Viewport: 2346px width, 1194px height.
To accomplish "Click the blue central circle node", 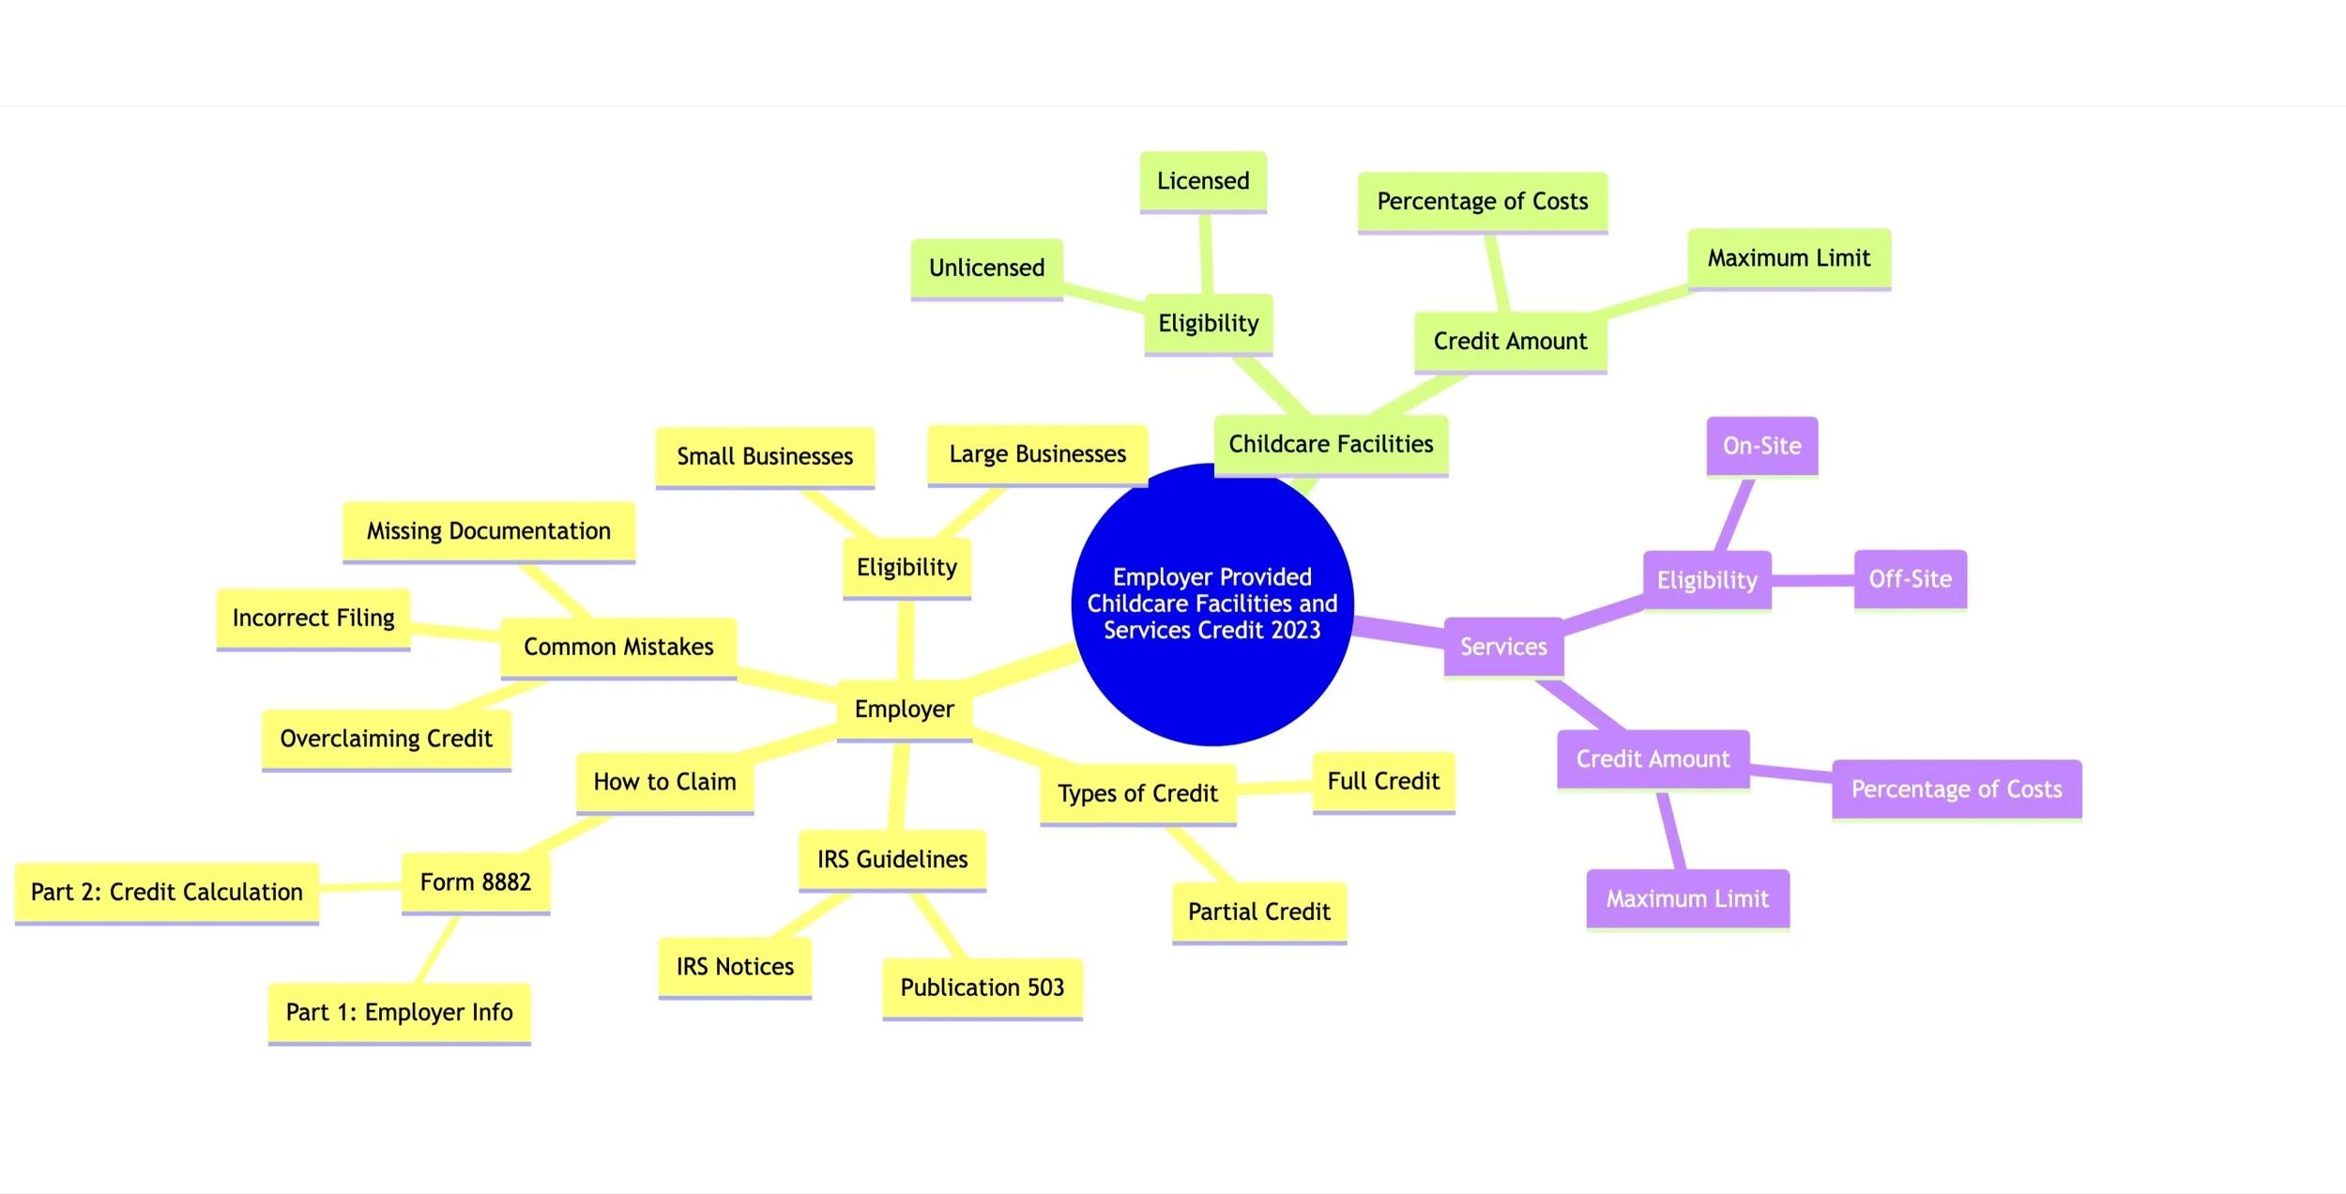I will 1211,603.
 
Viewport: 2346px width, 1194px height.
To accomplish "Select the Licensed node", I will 1203,181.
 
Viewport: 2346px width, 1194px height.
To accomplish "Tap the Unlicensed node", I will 986,268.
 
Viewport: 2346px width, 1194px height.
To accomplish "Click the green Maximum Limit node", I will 1789,258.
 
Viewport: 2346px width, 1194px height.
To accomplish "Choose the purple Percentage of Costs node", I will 1957,789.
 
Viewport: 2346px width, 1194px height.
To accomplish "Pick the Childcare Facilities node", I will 1331,444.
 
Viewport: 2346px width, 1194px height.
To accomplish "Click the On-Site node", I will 1761,446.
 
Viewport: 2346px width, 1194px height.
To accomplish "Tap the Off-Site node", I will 1910,579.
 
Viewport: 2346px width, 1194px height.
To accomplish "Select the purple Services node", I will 1503,647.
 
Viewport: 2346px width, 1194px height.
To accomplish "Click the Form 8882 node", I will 475,882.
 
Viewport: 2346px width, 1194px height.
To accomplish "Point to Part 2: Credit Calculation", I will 167,892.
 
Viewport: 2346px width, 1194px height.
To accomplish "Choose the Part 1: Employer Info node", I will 399,1012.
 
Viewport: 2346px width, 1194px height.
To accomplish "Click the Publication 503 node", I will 982,987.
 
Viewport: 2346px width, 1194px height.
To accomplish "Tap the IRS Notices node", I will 735,967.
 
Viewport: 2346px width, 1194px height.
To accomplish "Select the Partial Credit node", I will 1258,911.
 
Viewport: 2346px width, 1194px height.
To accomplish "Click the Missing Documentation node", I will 488,531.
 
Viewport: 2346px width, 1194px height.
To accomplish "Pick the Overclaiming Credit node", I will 386,739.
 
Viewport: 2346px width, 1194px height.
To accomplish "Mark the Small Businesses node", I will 765,457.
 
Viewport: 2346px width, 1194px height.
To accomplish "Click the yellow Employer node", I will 904,710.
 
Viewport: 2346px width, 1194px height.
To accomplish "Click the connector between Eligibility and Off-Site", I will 1812,580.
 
